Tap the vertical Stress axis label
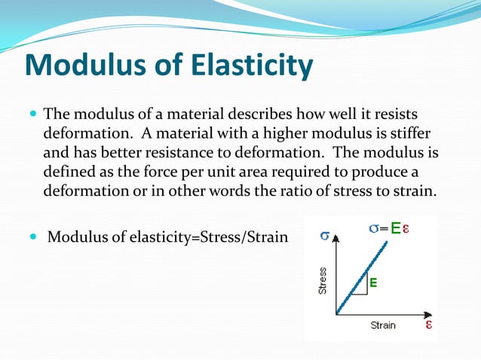click(x=323, y=280)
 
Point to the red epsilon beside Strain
click(x=428, y=325)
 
